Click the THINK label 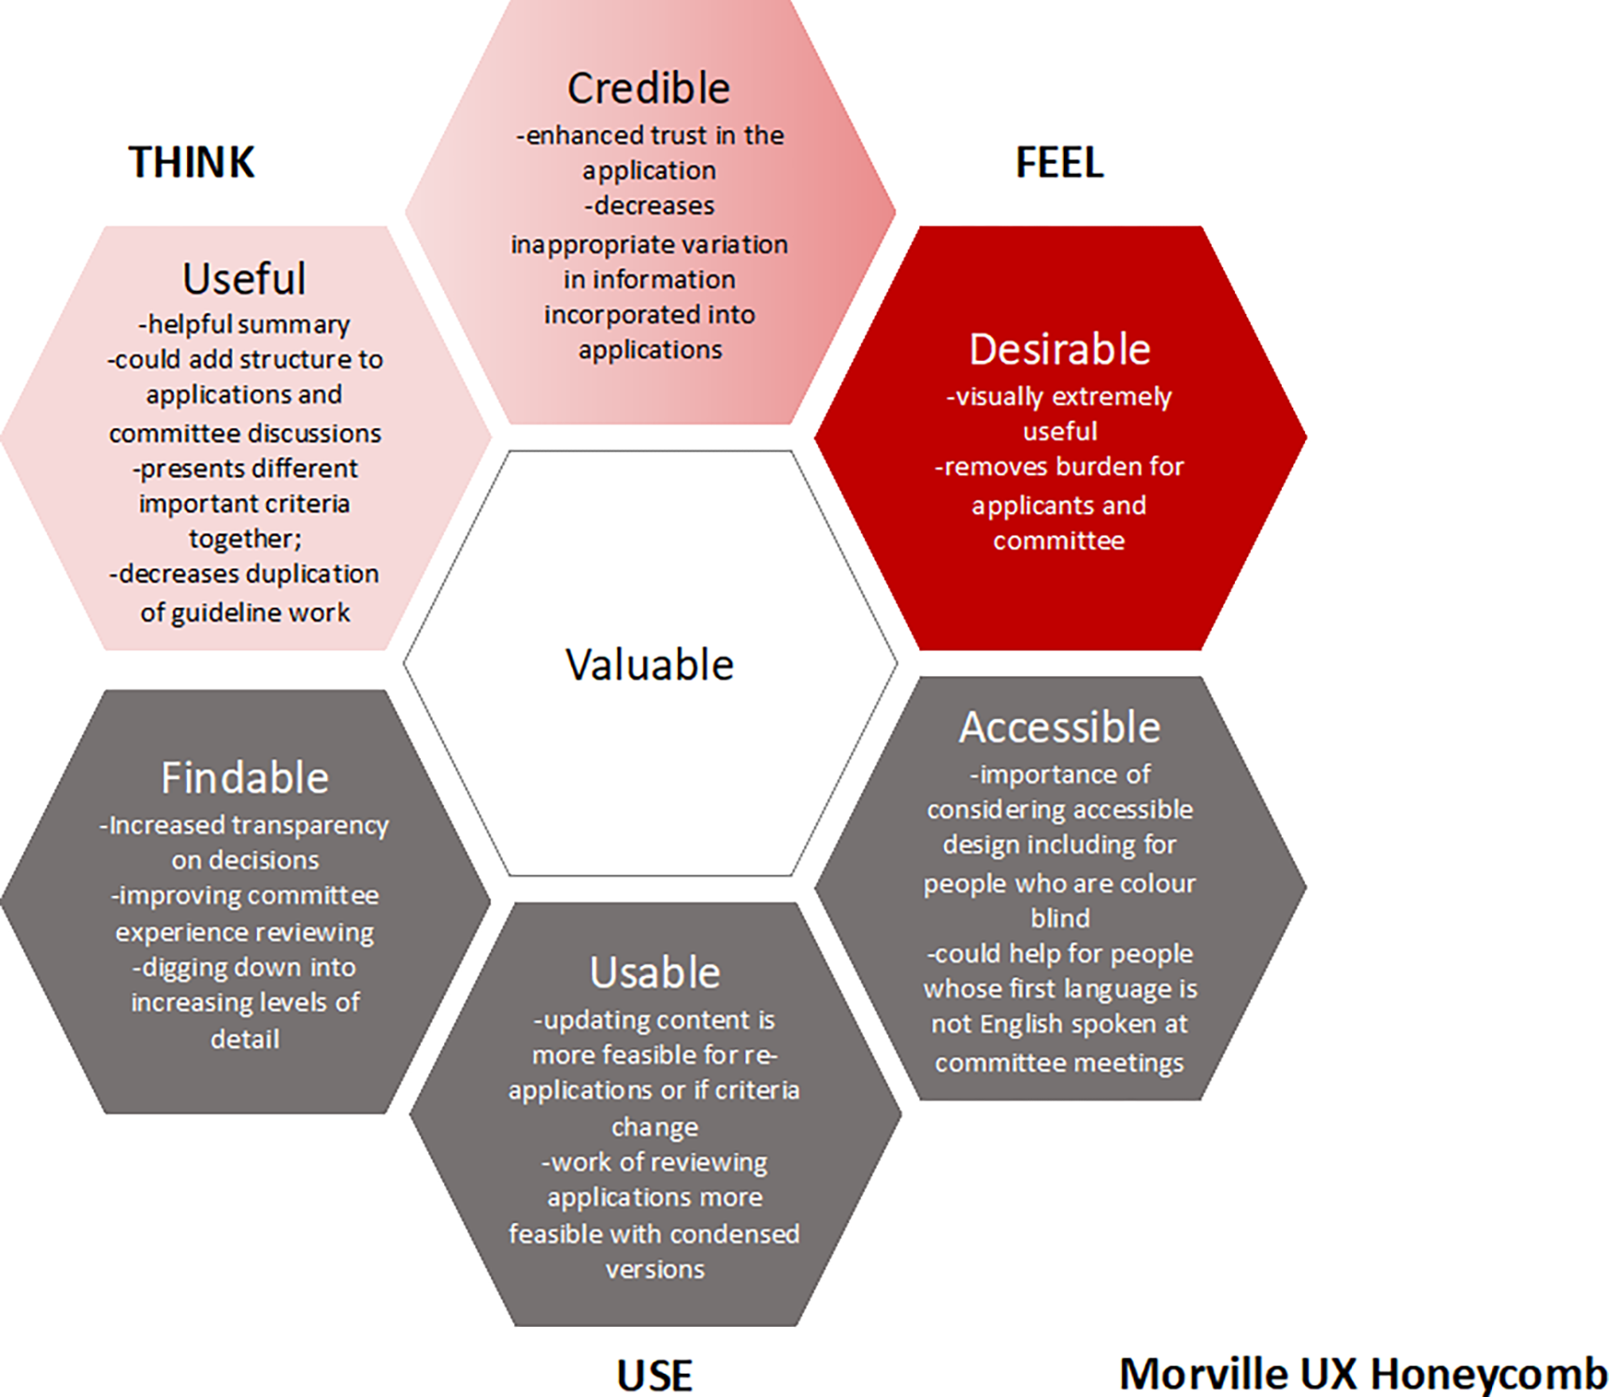(x=192, y=162)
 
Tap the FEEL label (x=1059, y=163)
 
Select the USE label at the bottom (x=654, y=1375)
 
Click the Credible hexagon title (x=649, y=89)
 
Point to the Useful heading (x=244, y=279)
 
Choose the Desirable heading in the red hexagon (x=1059, y=349)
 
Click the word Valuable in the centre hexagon (x=650, y=665)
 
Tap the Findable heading (x=245, y=778)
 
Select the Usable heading (x=654, y=972)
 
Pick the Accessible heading (x=1059, y=727)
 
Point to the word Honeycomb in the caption (x=1488, y=1375)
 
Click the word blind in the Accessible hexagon (x=1059, y=918)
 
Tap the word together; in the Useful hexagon (x=245, y=539)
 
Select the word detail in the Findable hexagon (x=245, y=1039)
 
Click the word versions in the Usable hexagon (x=654, y=1269)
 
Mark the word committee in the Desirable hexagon (x=1059, y=540)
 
